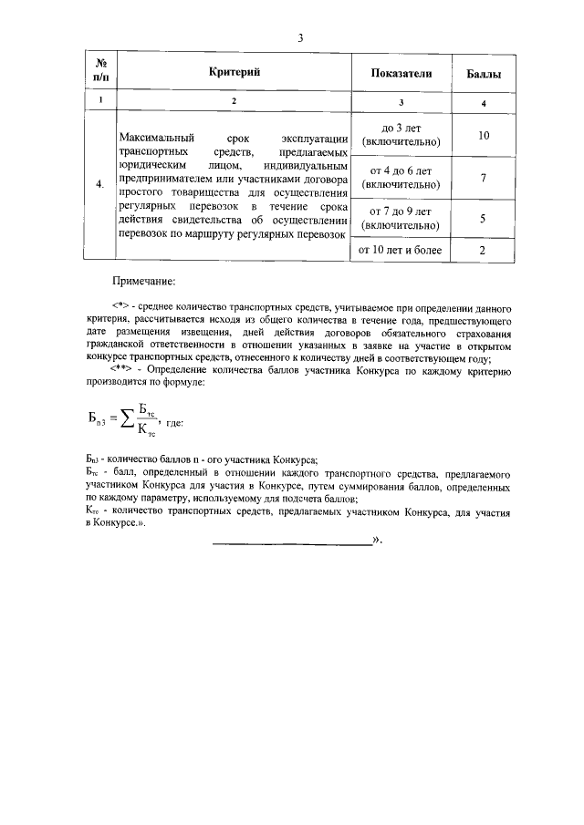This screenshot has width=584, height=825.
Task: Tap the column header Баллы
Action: tap(483, 72)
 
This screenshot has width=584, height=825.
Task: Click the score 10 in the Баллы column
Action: tap(483, 135)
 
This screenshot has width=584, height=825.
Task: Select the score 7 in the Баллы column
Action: tap(483, 178)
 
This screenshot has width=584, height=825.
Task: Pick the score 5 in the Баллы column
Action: tap(483, 219)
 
